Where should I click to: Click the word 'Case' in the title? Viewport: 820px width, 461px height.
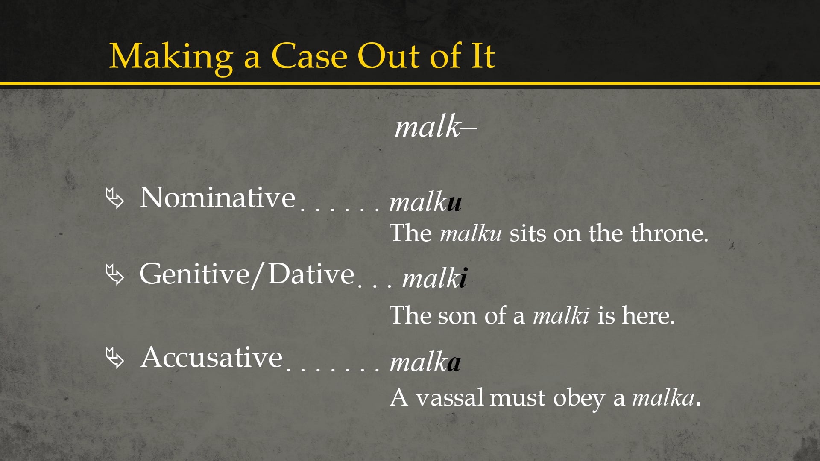[310, 56]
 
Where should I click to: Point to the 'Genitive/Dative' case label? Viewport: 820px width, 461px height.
[246, 274]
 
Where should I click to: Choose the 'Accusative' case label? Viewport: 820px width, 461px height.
[211, 357]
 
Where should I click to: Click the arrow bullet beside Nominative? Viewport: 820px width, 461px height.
[114, 198]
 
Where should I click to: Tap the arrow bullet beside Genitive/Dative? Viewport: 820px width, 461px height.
[114, 274]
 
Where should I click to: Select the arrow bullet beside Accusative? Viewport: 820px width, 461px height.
[114, 358]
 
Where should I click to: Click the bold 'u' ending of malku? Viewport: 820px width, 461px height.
[454, 203]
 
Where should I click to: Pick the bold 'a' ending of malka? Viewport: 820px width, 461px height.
[454, 363]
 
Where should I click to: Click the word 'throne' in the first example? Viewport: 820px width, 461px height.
[669, 233]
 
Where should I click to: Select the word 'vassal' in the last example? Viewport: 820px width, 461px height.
[450, 398]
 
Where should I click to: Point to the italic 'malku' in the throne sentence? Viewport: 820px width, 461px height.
[471, 233]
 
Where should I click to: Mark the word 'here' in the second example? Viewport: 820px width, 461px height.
[648, 316]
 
